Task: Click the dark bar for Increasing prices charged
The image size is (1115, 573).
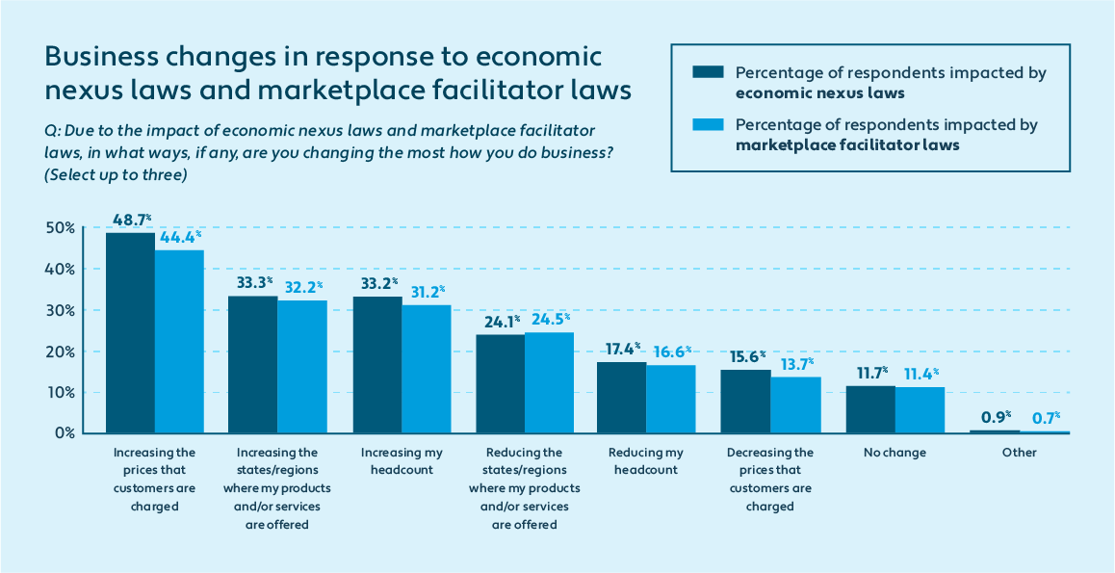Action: [x=130, y=332]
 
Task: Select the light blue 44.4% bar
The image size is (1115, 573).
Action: [x=179, y=341]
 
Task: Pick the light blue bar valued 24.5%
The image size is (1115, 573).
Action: [x=549, y=382]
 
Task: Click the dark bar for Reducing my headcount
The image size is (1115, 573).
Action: [x=622, y=397]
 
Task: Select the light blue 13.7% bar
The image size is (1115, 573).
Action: [x=795, y=404]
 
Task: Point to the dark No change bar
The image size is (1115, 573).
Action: [x=870, y=409]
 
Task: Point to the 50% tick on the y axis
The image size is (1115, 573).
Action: [x=60, y=228]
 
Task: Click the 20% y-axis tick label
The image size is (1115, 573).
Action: [x=60, y=352]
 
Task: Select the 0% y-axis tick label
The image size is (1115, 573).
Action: [x=64, y=433]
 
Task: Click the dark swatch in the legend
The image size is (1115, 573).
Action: [x=706, y=73]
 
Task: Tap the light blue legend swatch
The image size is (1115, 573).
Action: [x=706, y=125]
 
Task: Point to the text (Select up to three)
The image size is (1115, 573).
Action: [x=115, y=175]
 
